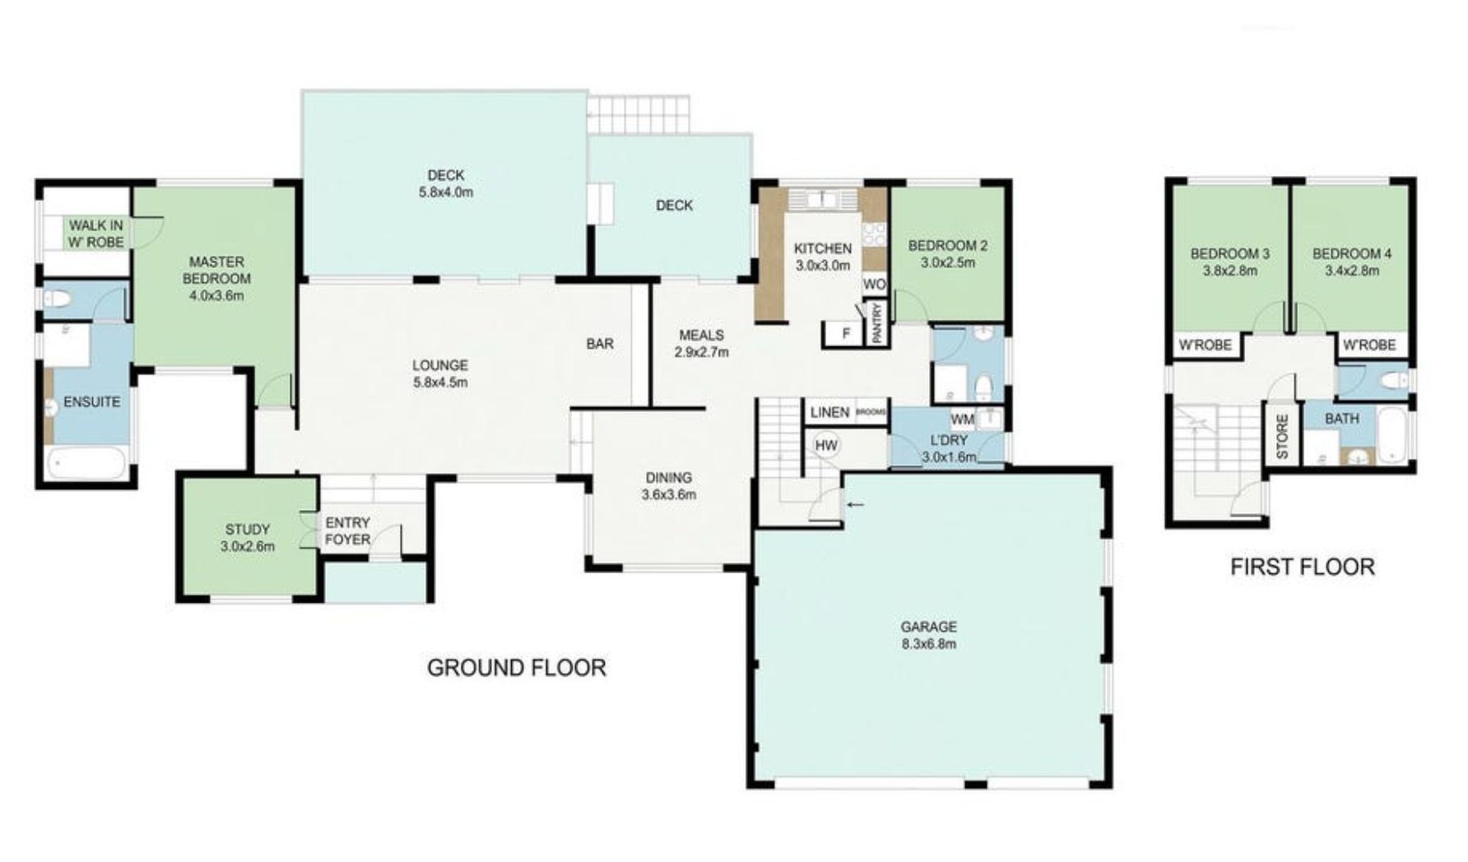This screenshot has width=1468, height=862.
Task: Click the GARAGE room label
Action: click(x=928, y=626)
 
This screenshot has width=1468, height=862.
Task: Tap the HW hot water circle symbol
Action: click(x=826, y=445)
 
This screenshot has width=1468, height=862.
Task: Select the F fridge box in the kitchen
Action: click(x=844, y=333)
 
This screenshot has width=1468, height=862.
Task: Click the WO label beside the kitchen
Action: click(x=875, y=284)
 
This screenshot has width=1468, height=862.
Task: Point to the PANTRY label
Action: click(x=877, y=323)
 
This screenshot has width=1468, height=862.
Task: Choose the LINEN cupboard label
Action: click(x=829, y=412)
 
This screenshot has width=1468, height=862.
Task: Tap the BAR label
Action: click(x=600, y=344)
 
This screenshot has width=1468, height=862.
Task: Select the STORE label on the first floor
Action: click(x=1282, y=436)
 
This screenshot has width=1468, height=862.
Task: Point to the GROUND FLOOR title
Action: click(x=517, y=667)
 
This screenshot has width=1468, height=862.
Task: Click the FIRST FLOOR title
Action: click(x=1303, y=567)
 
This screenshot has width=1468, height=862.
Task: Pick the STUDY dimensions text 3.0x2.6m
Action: click(x=248, y=546)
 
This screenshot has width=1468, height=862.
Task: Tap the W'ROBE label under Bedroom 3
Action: click(x=1206, y=345)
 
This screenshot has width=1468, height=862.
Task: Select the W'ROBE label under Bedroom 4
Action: click(x=1369, y=345)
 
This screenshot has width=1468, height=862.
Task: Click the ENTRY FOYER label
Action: click(x=348, y=531)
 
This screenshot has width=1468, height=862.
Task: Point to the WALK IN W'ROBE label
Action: click(x=96, y=233)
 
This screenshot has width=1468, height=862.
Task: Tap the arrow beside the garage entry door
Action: click(x=857, y=504)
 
